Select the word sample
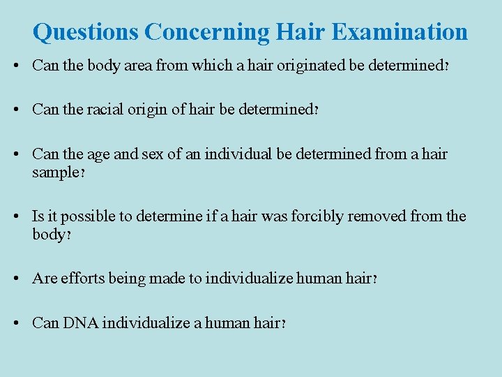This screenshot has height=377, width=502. (x=55, y=172)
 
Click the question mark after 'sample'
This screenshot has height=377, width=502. (x=83, y=173)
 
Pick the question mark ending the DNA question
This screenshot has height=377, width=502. (x=283, y=324)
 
